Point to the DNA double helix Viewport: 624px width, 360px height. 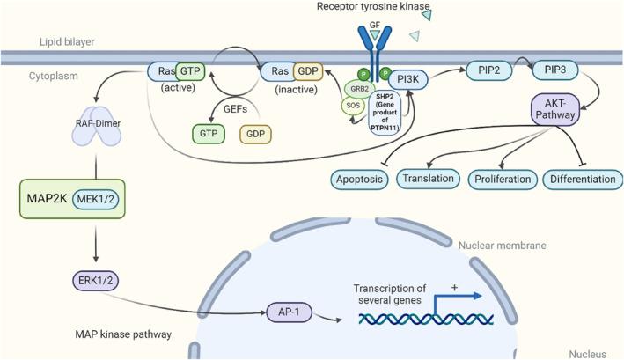430,325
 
